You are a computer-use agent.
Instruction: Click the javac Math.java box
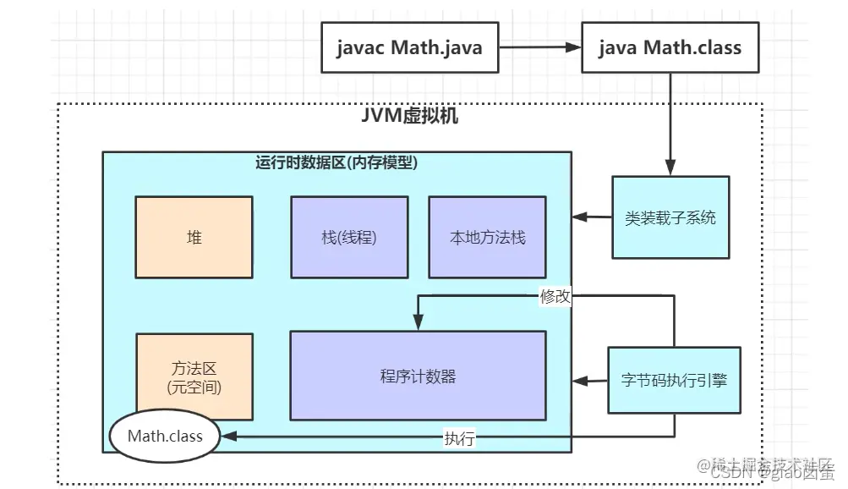(x=408, y=47)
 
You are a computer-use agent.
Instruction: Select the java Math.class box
(x=669, y=47)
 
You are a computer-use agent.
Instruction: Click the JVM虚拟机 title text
(x=409, y=116)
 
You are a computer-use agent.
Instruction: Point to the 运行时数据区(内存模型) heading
(x=336, y=162)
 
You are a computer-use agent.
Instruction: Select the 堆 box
(x=194, y=237)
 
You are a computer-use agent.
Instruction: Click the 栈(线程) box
(x=349, y=237)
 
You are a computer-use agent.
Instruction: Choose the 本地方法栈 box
(x=487, y=237)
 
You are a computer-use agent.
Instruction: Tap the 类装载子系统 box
(x=670, y=217)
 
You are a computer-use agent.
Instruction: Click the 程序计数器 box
(x=418, y=376)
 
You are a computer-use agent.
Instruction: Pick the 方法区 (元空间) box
(x=194, y=377)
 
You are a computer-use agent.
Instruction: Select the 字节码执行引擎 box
(x=674, y=380)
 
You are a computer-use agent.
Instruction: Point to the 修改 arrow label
(x=555, y=296)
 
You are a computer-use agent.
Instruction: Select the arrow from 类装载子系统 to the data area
(x=592, y=217)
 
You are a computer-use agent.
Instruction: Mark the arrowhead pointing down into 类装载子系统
(x=670, y=170)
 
